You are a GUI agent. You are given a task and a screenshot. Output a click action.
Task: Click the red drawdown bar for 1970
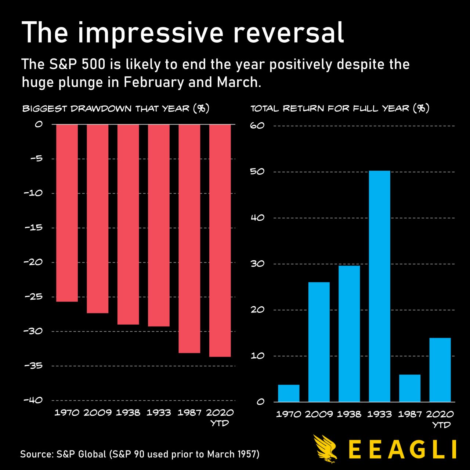pos(67,213)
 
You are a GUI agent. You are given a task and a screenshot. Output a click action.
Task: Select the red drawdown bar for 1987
pos(189,239)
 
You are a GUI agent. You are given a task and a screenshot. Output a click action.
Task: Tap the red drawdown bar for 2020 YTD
pos(220,241)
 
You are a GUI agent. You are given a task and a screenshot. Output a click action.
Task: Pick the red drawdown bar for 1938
pos(128,224)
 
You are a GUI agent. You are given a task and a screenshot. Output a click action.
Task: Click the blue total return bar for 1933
pos(379,286)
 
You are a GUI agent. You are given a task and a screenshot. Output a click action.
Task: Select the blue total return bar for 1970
pos(289,393)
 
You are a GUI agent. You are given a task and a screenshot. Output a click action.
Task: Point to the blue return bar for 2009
pos(319,342)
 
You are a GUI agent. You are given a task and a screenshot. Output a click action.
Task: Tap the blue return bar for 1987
pos(410,388)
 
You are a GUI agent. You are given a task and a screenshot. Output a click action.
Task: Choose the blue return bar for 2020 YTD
pos(440,370)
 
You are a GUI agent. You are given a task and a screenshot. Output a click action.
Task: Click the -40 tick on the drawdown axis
pos(33,400)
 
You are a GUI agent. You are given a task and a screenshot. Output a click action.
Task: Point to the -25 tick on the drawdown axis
pos(33,296)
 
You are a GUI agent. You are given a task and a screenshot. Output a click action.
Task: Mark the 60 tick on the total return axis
pos(257,126)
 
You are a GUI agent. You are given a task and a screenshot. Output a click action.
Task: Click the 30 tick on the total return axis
pos(257,264)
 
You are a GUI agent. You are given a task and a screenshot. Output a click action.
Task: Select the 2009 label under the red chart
pos(97,413)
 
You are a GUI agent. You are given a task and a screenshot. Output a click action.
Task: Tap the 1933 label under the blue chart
pos(379,414)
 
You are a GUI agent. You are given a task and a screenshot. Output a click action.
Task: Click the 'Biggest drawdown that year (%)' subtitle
pos(116,109)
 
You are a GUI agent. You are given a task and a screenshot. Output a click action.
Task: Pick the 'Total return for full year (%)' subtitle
pos(340,109)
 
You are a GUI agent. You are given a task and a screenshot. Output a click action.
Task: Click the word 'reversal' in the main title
pos(289,32)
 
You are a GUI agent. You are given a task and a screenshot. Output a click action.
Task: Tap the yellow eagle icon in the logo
pos(325,449)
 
